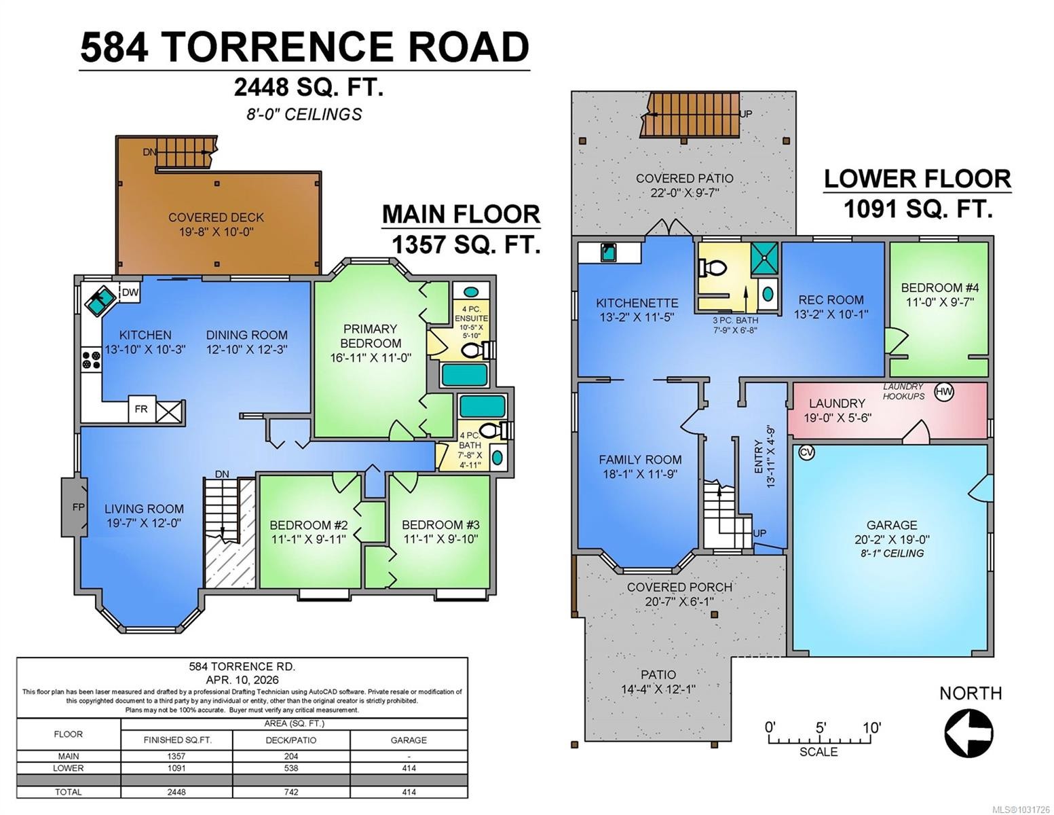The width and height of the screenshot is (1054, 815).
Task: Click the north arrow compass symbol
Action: [x=968, y=732]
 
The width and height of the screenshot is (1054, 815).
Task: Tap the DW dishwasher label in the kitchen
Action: [x=130, y=293]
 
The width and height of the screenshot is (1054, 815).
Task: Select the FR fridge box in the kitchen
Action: [x=142, y=410]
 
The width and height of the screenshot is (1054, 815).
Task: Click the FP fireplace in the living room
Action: [x=76, y=507]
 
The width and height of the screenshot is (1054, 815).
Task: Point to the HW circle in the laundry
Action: [x=943, y=391]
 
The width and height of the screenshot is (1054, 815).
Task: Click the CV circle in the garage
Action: [x=806, y=452]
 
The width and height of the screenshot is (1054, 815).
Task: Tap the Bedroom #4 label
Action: [x=939, y=287]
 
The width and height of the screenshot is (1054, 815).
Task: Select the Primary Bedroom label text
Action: [x=371, y=336]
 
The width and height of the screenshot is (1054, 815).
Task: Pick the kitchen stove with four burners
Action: [x=90, y=359]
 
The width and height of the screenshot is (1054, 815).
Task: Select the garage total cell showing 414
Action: [x=409, y=792]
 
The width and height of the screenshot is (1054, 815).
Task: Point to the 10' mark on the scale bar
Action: [x=871, y=728]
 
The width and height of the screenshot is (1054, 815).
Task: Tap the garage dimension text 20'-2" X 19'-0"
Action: [x=892, y=539]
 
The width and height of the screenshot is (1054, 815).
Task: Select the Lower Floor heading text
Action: [x=917, y=179]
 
